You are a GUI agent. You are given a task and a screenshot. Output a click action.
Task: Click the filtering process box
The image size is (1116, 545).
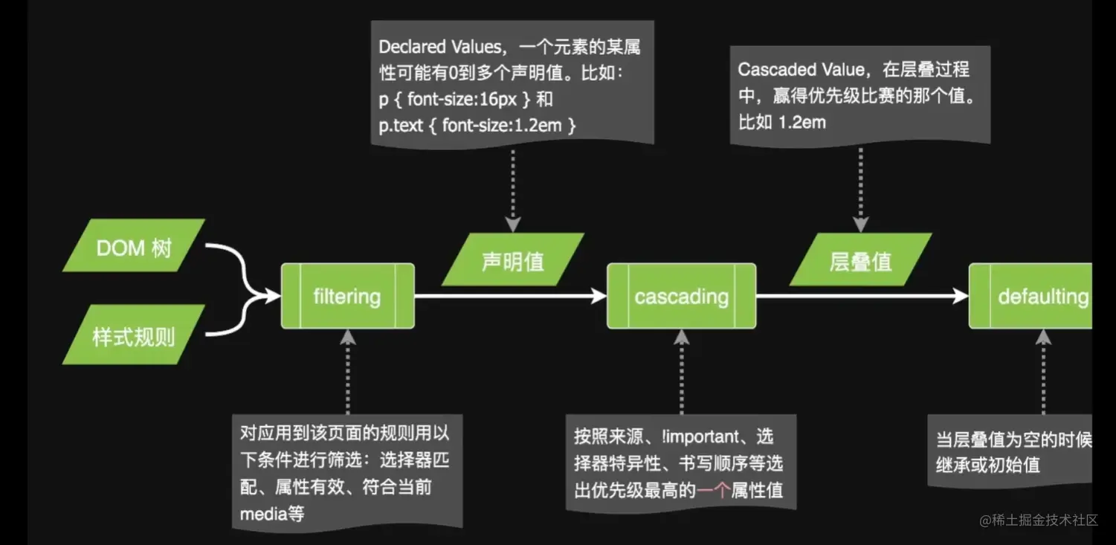tap(347, 296)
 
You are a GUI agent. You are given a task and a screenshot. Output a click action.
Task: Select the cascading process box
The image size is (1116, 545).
tap(681, 296)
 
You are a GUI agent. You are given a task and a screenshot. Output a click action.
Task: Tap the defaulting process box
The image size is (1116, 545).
tap(1033, 296)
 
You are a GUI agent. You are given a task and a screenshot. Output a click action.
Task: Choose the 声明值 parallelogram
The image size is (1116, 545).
tap(512, 260)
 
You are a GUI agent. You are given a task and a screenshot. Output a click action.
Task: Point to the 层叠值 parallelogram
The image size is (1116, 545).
tap(860, 260)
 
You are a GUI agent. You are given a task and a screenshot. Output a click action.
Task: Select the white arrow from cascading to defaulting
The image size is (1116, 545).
tap(862, 296)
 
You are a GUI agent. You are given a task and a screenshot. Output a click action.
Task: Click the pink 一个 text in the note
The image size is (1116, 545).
tap(713, 489)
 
